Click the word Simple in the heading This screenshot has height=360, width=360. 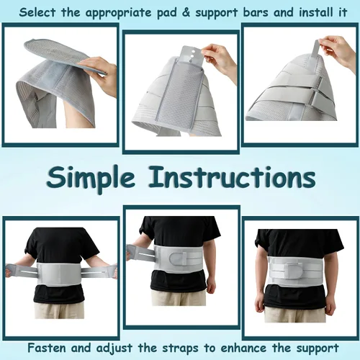click(90, 179)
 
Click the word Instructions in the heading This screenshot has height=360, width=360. click(232, 177)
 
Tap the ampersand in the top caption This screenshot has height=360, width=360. click(186, 12)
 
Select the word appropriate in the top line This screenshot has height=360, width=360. click(119, 13)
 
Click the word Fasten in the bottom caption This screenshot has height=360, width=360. click(47, 348)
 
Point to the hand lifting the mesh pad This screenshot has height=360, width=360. click(99, 74)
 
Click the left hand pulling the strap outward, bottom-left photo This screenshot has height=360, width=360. click(9, 270)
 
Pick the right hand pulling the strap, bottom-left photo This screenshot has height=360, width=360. click(113, 271)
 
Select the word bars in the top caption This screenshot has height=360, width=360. click(256, 12)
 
